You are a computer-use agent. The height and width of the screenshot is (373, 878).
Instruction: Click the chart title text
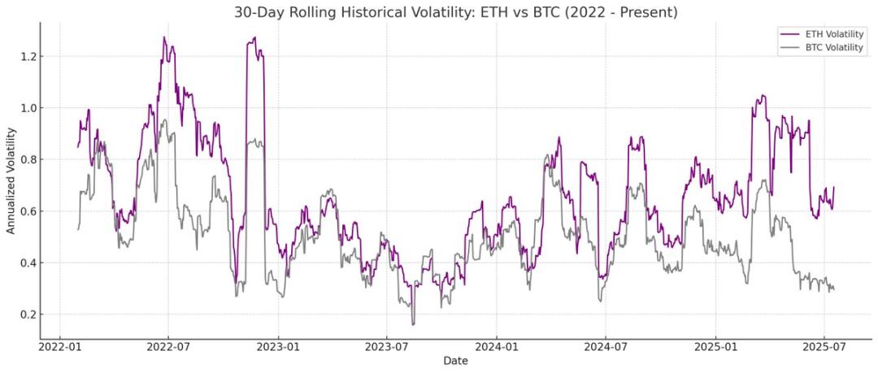[455, 12]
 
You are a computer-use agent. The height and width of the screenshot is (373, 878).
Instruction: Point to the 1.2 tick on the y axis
[28, 56]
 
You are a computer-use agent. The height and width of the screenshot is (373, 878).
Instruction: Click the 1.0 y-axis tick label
[28, 108]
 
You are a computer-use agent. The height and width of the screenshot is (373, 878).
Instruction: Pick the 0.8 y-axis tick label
[28, 159]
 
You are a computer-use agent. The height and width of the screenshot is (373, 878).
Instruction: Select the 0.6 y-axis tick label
[28, 211]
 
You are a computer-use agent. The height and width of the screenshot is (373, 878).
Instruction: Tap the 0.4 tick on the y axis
[28, 262]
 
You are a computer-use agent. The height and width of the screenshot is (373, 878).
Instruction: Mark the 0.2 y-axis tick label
[28, 314]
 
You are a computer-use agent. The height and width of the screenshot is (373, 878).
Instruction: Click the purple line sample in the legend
[789, 34]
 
